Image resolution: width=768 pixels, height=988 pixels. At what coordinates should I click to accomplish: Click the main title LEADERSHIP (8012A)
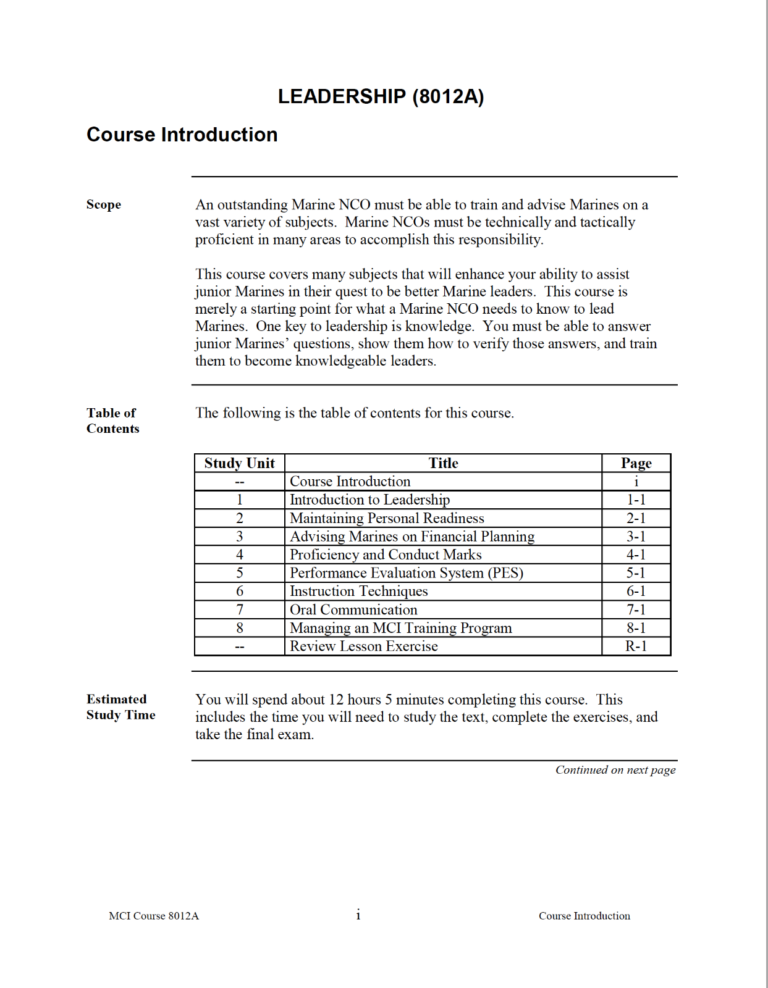(381, 96)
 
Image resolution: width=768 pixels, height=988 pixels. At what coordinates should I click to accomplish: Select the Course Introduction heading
(182, 135)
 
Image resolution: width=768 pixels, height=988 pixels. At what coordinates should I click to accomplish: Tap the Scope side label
(104, 204)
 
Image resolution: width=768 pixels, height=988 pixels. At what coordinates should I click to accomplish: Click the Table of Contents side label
(112, 421)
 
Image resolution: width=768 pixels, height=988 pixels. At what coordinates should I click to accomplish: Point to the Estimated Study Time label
(120, 707)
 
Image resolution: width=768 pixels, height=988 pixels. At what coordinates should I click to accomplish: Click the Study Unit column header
(239, 463)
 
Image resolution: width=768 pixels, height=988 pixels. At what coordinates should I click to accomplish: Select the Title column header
(443, 463)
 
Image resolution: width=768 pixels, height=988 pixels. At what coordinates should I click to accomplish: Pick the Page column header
(636, 463)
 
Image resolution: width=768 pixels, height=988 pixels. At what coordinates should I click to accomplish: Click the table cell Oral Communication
(353, 609)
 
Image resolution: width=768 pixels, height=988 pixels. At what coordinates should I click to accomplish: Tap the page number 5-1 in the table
(636, 573)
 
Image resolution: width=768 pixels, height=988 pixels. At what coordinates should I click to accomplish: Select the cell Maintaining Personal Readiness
(387, 518)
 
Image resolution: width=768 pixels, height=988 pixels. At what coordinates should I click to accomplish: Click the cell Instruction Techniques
(358, 592)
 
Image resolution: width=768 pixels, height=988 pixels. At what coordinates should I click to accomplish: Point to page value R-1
(636, 647)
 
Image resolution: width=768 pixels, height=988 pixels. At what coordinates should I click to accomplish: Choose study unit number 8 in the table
(240, 628)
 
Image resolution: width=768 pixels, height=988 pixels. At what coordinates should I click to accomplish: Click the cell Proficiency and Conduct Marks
(386, 555)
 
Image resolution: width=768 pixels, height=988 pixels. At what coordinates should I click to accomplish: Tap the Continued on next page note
(615, 770)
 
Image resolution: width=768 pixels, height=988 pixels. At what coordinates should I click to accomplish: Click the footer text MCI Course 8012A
(154, 916)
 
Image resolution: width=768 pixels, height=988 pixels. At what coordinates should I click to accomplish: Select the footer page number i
(358, 915)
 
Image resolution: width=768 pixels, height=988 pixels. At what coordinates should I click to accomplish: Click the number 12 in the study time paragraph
(335, 700)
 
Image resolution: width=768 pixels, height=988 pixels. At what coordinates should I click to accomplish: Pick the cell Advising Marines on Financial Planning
(412, 537)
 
